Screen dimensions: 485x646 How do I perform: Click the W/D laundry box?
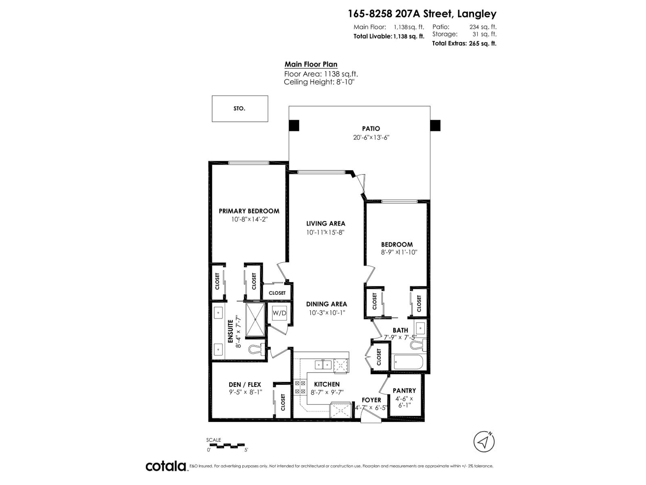pyautogui.click(x=279, y=313)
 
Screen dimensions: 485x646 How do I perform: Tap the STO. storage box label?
pyautogui.click(x=239, y=109)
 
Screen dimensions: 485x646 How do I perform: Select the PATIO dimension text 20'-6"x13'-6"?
pyautogui.click(x=371, y=137)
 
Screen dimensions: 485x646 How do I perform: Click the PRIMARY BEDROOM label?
pyautogui.click(x=249, y=211)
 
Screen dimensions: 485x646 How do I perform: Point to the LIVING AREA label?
pyautogui.click(x=325, y=224)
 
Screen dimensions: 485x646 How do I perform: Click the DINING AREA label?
pyautogui.click(x=326, y=304)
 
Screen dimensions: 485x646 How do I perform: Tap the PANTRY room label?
pyautogui.click(x=404, y=390)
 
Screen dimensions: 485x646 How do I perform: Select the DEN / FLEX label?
pyautogui.click(x=245, y=385)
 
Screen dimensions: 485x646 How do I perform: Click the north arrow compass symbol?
pyautogui.click(x=484, y=443)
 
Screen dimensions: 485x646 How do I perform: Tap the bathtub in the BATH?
pyautogui.click(x=408, y=362)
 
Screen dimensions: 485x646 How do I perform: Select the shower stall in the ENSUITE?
pyautogui.click(x=255, y=320)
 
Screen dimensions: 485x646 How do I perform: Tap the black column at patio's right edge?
pyautogui.click(x=435, y=126)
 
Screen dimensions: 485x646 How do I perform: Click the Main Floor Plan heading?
pyautogui.click(x=311, y=64)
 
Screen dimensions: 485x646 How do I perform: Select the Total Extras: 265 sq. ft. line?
pyautogui.click(x=464, y=44)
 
